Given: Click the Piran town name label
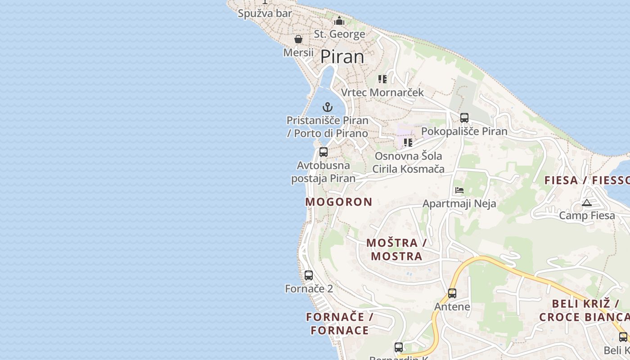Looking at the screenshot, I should pyautogui.click(x=342, y=57).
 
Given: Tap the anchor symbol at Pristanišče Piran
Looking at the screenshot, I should pyautogui.click(x=328, y=107).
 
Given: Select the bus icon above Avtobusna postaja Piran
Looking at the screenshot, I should pyautogui.click(x=323, y=152).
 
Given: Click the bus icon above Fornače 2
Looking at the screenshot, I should pyautogui.click(x=309, y=275).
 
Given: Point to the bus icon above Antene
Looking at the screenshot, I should pyautogui.click(x=452, y=293).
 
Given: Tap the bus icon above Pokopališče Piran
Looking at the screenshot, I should pyautogui.click(x=464, y=118).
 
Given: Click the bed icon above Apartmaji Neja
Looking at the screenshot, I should pyautogui.click(x=459, y=190).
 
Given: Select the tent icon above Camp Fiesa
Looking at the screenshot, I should pyautogui.click(x=586, y=202).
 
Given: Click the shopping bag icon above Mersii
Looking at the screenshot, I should pyautogui.click(x=298, y=39).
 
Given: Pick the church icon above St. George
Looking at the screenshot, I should pyautogui.click(x=339, y=21).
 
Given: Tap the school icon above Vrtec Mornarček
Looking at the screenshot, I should pyautogui.click(x=382, y=79).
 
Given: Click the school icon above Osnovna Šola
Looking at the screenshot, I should pyautogui.click(x=408, y=143).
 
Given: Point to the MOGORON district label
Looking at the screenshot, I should pyautogui.click(x=339, y=202).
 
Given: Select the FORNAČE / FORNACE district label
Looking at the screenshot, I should pyautogui.click(x=340, y=324).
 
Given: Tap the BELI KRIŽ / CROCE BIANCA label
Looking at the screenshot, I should pyautogui.click(x=584, y=310).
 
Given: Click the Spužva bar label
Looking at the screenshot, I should pyautogui.click(x=265, y=13).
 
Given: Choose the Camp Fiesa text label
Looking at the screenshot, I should pyautogui.click(x=587, y=216).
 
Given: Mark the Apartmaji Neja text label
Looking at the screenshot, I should pyautogui.click(x=459, y=203).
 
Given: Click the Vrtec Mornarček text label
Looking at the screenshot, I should pyautogui.click(x=382, y=93).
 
